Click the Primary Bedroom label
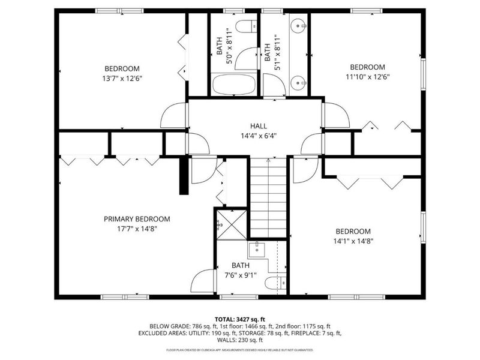(x=137, y=219)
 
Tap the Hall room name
(x=259, y=126)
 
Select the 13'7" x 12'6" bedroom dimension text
(x=122, y=78)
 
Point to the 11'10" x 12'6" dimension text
(x=367, y=76)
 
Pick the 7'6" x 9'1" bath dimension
(x=241, y=275)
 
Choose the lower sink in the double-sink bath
(x=298, y=82)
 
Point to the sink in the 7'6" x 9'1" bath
(x=257, y=248)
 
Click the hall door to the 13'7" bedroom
(x=175, y=116)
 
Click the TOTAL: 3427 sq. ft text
(x=240, y=319)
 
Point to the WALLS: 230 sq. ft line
(x=240, y=339)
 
